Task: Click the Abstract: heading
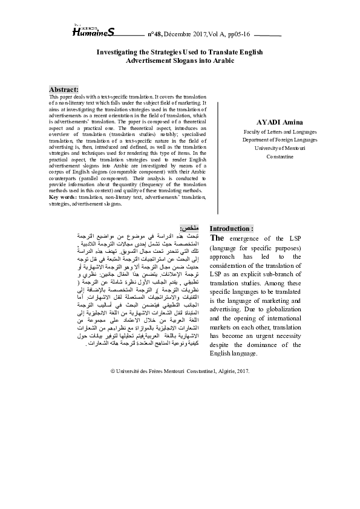(x=64, y=89)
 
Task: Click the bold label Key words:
(x=63, y=198)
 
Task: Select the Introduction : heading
(x=231, y=229)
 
